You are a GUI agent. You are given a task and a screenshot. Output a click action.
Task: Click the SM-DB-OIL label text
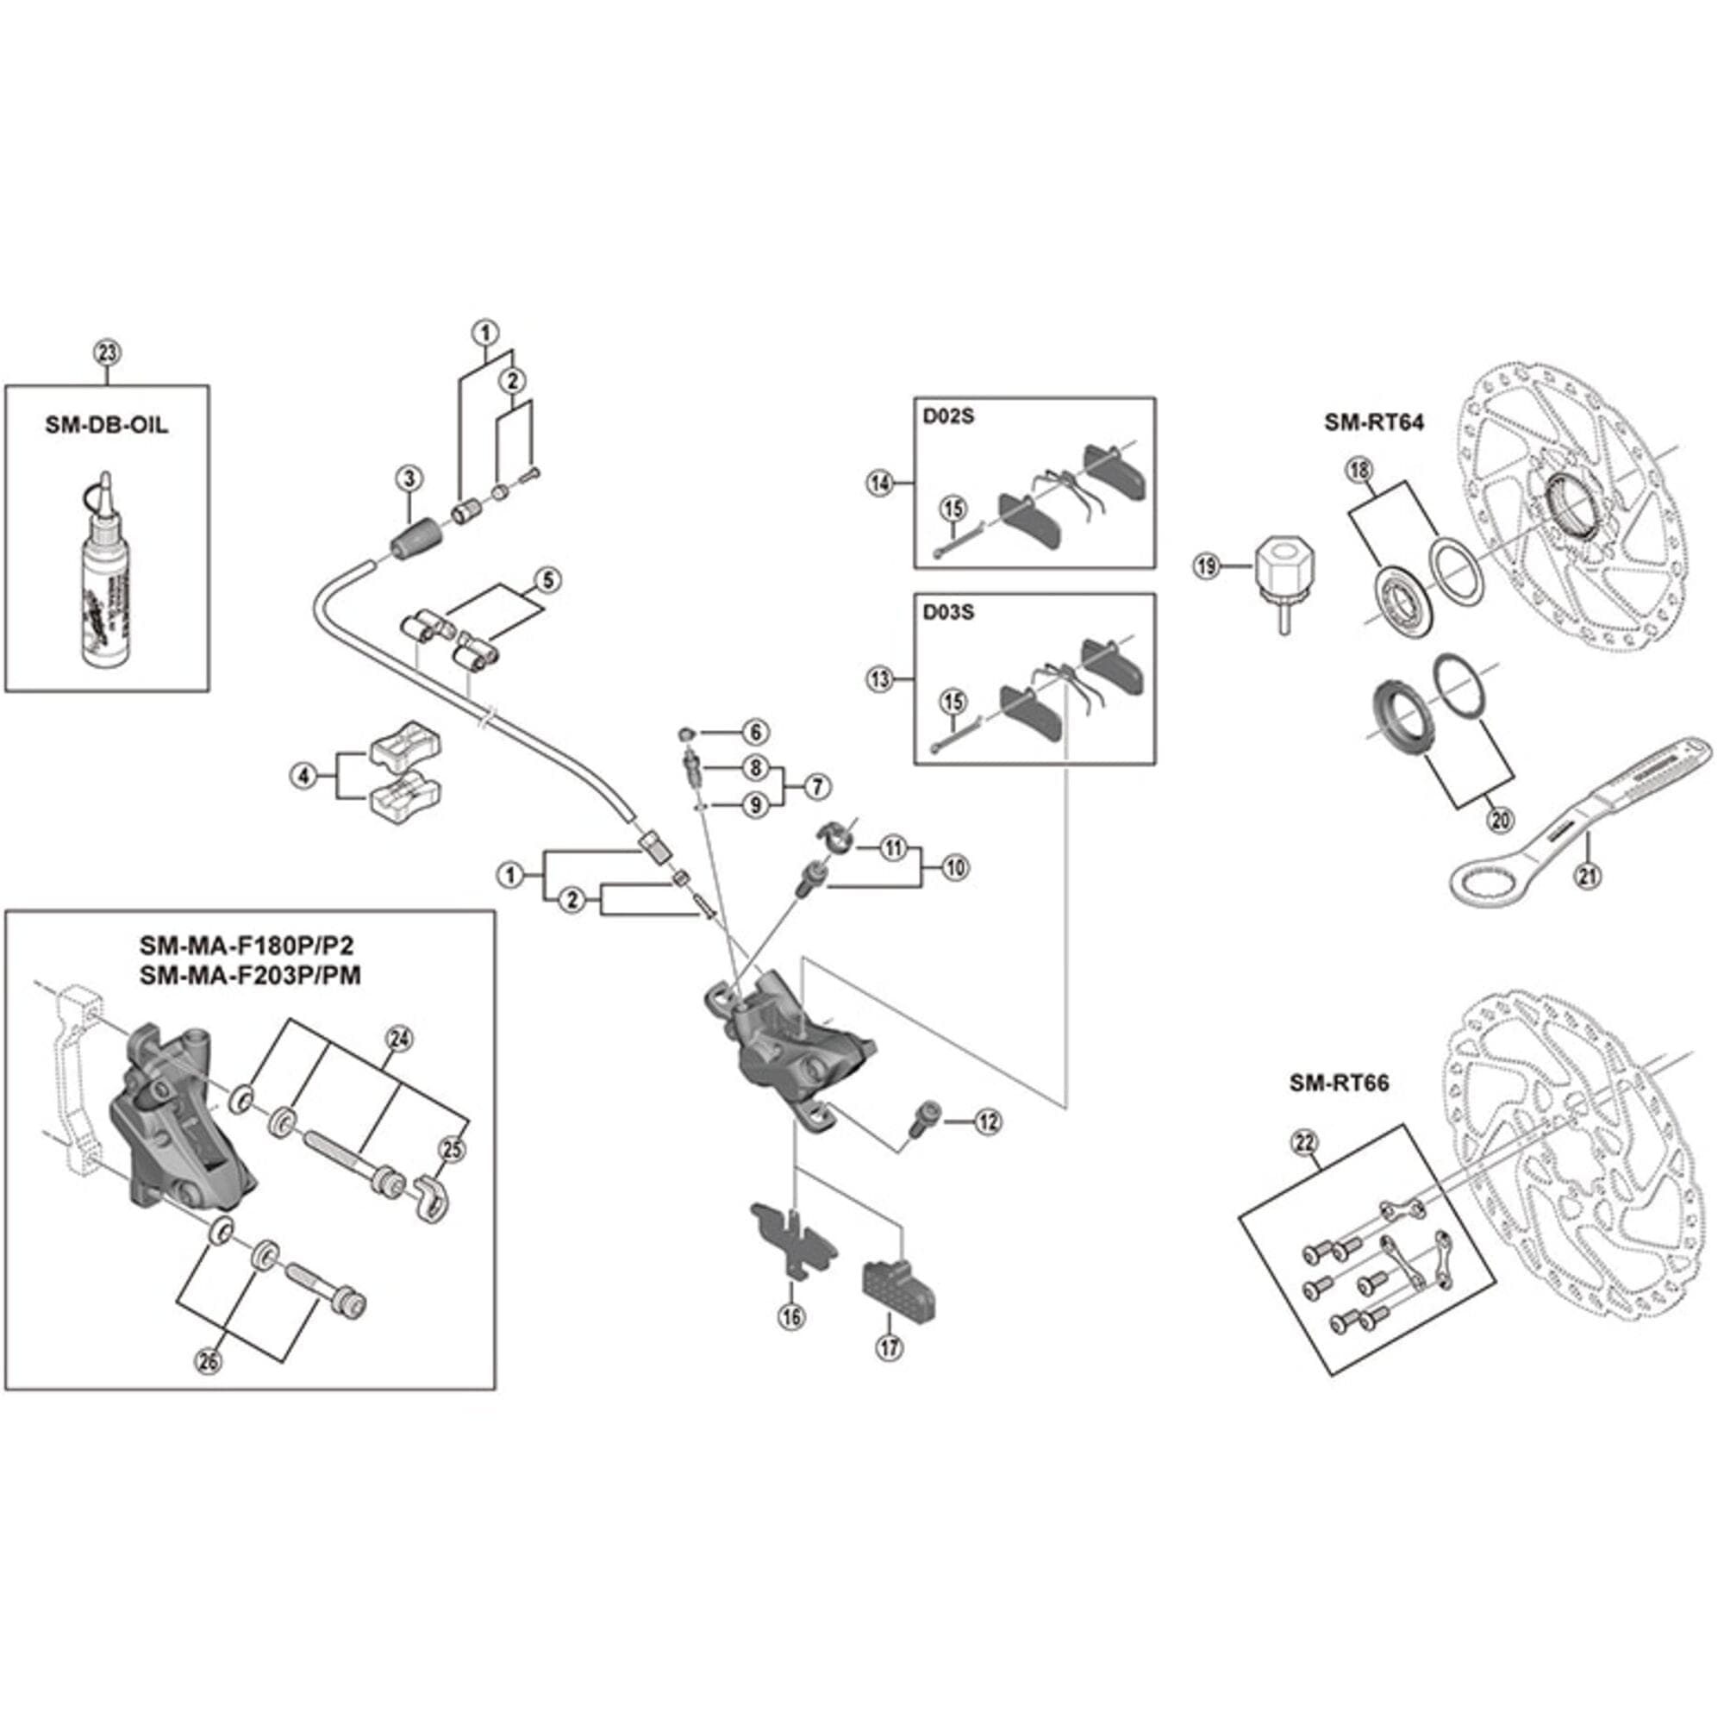coord(106,425)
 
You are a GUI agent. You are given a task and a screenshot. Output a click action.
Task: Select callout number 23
coord(106,353)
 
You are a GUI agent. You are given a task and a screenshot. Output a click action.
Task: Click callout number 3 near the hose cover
coord(409,479)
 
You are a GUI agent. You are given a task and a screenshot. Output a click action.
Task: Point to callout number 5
coord(548,581)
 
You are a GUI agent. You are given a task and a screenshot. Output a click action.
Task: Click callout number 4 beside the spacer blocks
coord(304,777)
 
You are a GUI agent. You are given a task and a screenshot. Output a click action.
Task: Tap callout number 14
coord(880,484)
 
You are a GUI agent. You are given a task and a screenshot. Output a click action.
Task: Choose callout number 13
coord(880,679)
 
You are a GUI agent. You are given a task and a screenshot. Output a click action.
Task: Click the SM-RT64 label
coord(1374,422)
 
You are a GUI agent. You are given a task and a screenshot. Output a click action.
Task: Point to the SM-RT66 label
coord(1339,1084)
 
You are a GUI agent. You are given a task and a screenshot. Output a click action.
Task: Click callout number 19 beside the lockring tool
coord(1207,565)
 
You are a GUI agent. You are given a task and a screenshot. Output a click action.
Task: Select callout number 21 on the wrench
coord(1587,876)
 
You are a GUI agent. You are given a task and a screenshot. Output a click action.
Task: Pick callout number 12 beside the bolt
coord(987,1122)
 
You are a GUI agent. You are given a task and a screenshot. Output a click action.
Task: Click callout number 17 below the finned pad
coord(890,1346)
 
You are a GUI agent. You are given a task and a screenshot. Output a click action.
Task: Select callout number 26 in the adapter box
coord(209,1362)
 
